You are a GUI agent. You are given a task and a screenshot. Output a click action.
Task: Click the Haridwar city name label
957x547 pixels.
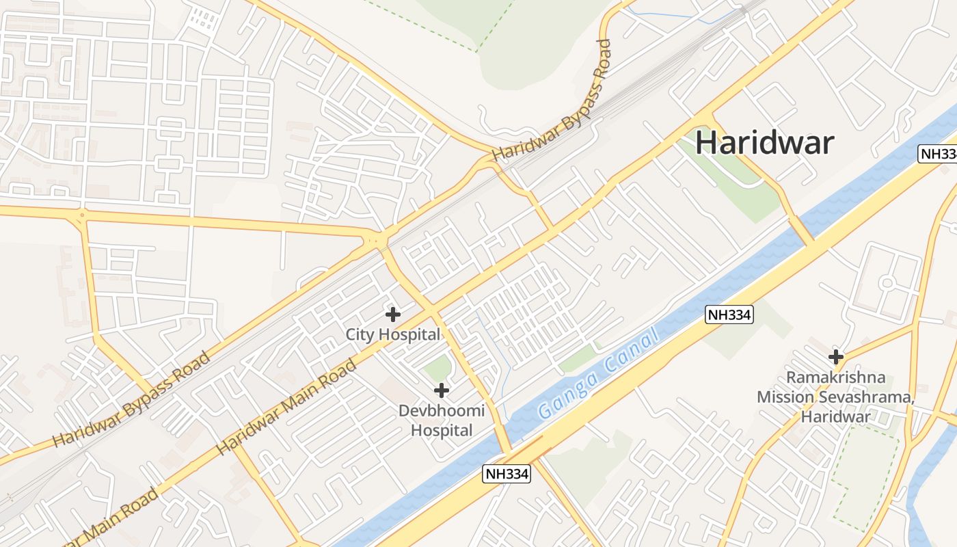tap(765, 143)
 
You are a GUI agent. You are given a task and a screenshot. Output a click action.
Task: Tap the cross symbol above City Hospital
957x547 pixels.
tap(392, 315)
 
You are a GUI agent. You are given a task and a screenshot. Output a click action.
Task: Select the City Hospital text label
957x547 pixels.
tap(392, 335)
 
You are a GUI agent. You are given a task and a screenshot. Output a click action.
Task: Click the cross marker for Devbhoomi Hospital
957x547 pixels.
tap(442, 390)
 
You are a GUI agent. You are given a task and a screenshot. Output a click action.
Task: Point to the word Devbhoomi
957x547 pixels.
tap(442, 411)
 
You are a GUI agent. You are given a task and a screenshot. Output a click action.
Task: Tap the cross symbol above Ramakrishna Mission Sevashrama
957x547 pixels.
tap(835, 356)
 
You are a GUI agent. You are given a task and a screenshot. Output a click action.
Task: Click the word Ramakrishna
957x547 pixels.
tap(835, 377)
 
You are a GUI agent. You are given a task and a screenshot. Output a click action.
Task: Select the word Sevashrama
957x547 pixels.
tap(868, 397)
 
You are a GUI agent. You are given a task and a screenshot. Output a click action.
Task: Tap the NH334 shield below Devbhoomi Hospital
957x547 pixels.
tap(507, 474)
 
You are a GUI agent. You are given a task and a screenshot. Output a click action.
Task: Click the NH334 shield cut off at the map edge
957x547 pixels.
tap(938, 154)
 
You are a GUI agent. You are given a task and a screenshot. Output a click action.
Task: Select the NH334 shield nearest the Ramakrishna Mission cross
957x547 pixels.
tap(729, 315)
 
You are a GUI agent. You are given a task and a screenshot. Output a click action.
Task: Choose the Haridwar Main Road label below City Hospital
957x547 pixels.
tap(287, 408)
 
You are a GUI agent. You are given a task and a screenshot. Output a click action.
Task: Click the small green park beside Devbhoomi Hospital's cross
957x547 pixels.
tap(437, 369)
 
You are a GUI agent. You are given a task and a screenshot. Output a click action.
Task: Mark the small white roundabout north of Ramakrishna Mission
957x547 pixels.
tap(887, 282)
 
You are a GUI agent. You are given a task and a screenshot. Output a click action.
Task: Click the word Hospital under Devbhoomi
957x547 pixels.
tap(442, 431)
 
